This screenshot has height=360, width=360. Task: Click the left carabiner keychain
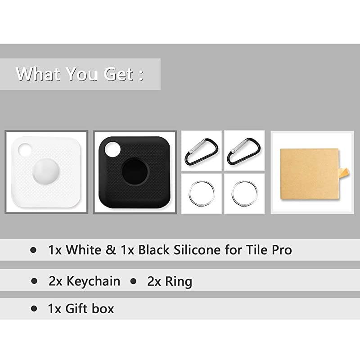pyautogui.click(x=201, y=150)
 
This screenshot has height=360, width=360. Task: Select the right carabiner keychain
pyautogui.click(x=244, y=150)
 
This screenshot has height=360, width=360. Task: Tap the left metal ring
pyautogui.click(x=201, y=194)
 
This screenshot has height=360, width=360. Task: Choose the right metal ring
pyautogui.click(x=244, y=194)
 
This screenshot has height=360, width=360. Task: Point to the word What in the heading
pyautogui.click(x=39, y=74)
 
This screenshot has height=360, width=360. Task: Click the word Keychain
pyautogui.click(x=93, y=282)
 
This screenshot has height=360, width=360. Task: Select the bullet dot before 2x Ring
pyautogui.click(x=133, y=282)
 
